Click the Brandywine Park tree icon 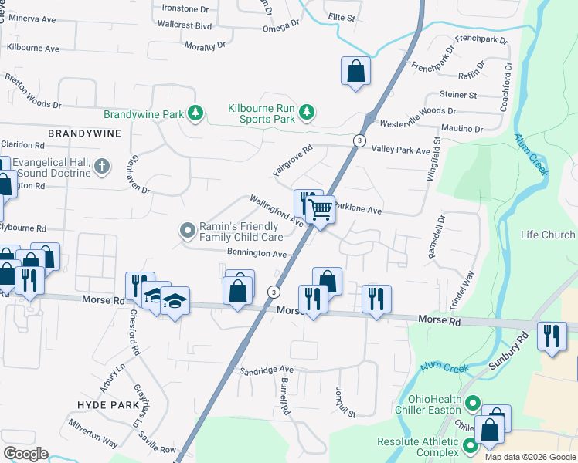tap(196, 114)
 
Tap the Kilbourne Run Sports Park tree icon tap(307, 113)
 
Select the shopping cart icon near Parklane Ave tap(319, 208)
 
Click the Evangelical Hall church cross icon tap(100, 166)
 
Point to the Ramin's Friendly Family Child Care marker tap(187, 231)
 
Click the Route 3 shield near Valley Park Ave tap(359, 140)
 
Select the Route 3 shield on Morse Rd tap(274, 292)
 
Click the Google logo tap(25, 454)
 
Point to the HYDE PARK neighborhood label tap(108, 404)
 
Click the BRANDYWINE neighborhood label tap(85, 133)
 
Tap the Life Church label tap(548, 235)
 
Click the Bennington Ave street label tap(257, 253)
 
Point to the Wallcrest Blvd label tap(184, 25)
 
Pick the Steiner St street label tap(459, 95)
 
